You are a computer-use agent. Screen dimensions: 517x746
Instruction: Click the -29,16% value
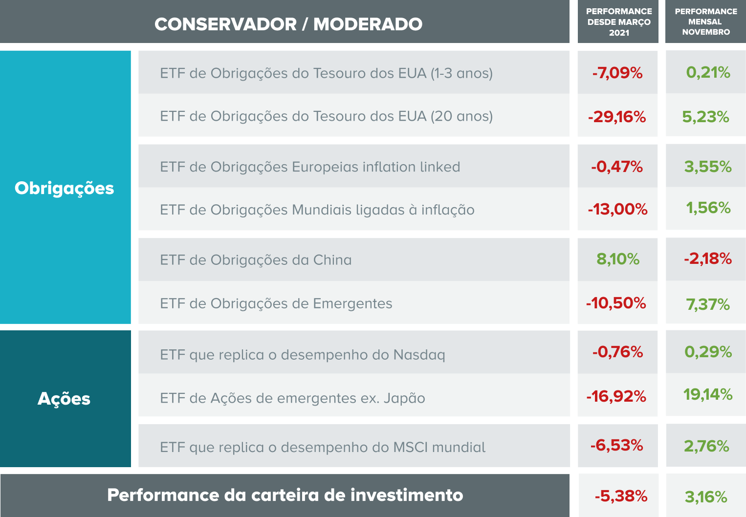click(x=617, y=117)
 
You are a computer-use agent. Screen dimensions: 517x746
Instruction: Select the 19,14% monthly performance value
click(x=707, y=394)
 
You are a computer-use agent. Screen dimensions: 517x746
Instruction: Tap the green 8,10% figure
click(x=617, y=259)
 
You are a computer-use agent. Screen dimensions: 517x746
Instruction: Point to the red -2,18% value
click(x=707, y=258)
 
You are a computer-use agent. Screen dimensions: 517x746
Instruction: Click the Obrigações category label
click(x=64, y=188)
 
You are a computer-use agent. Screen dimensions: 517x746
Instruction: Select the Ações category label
click(x=64, y=399)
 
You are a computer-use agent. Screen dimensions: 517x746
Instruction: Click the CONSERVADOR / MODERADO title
click(x=288, y=24)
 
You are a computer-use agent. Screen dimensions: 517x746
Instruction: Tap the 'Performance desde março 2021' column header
click(x=618, y=22)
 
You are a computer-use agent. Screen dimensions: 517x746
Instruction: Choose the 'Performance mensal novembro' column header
click(x=705, y=22)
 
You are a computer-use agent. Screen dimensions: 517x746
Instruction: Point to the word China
click(x=332, y=260)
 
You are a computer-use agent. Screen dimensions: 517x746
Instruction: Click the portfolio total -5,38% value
click(x=621, y=496)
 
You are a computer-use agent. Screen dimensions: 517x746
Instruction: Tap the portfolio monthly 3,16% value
click(x=706, y=497)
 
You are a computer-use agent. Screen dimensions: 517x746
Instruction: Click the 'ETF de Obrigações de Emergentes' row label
click(x=276, y=303)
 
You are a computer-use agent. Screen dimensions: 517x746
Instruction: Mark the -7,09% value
click(x=617, y=73)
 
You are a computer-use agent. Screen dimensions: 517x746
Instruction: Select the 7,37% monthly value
click(x=707, y=304)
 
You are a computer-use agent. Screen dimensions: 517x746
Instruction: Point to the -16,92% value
click(x=616, y=396)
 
